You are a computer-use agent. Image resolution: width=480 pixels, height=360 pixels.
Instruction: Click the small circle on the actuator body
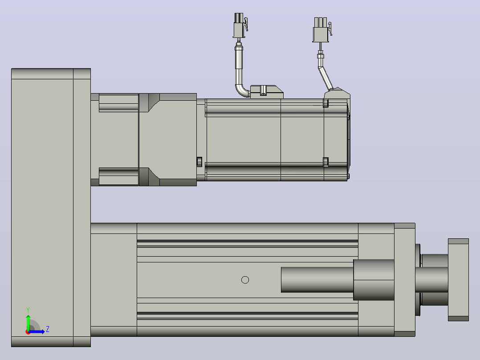click(x=245, y=280)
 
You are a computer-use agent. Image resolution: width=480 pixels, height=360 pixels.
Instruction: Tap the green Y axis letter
click(x=28, y=310)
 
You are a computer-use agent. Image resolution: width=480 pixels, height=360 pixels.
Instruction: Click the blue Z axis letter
click(x=48, y=329)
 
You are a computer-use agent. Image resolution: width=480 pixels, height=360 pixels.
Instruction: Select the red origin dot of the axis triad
click(x=28, y=332)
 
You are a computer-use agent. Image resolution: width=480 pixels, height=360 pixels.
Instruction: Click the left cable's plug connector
click(x=239, y=25)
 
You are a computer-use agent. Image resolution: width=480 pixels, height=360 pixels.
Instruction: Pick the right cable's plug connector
click(x=321, y=30)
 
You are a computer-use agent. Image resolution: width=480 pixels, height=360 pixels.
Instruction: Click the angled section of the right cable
click(x=325, y=78)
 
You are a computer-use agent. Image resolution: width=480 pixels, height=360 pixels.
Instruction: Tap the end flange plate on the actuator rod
click(x=458, y=280)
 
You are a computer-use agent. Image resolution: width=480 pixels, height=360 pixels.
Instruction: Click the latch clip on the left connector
click(x=246, y=24)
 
